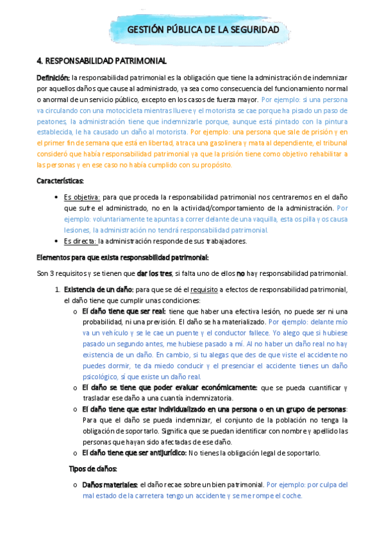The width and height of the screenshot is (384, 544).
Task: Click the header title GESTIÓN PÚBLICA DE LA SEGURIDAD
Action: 204,30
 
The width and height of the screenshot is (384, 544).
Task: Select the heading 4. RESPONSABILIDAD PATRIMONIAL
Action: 102,61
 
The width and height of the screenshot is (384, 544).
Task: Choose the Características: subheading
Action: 60,182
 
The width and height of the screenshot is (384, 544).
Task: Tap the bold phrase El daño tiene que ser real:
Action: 124,311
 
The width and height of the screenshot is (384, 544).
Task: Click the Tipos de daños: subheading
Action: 92,469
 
